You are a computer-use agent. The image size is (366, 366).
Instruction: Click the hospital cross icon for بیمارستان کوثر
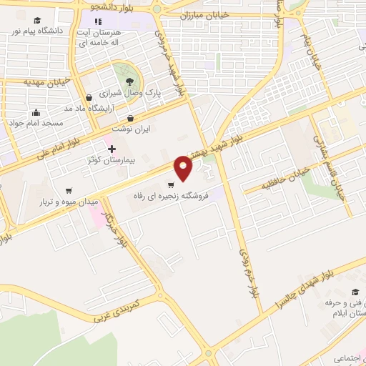111,149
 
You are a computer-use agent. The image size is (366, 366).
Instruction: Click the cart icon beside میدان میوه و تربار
68,191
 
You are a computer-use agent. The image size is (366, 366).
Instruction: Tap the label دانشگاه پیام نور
36,31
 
